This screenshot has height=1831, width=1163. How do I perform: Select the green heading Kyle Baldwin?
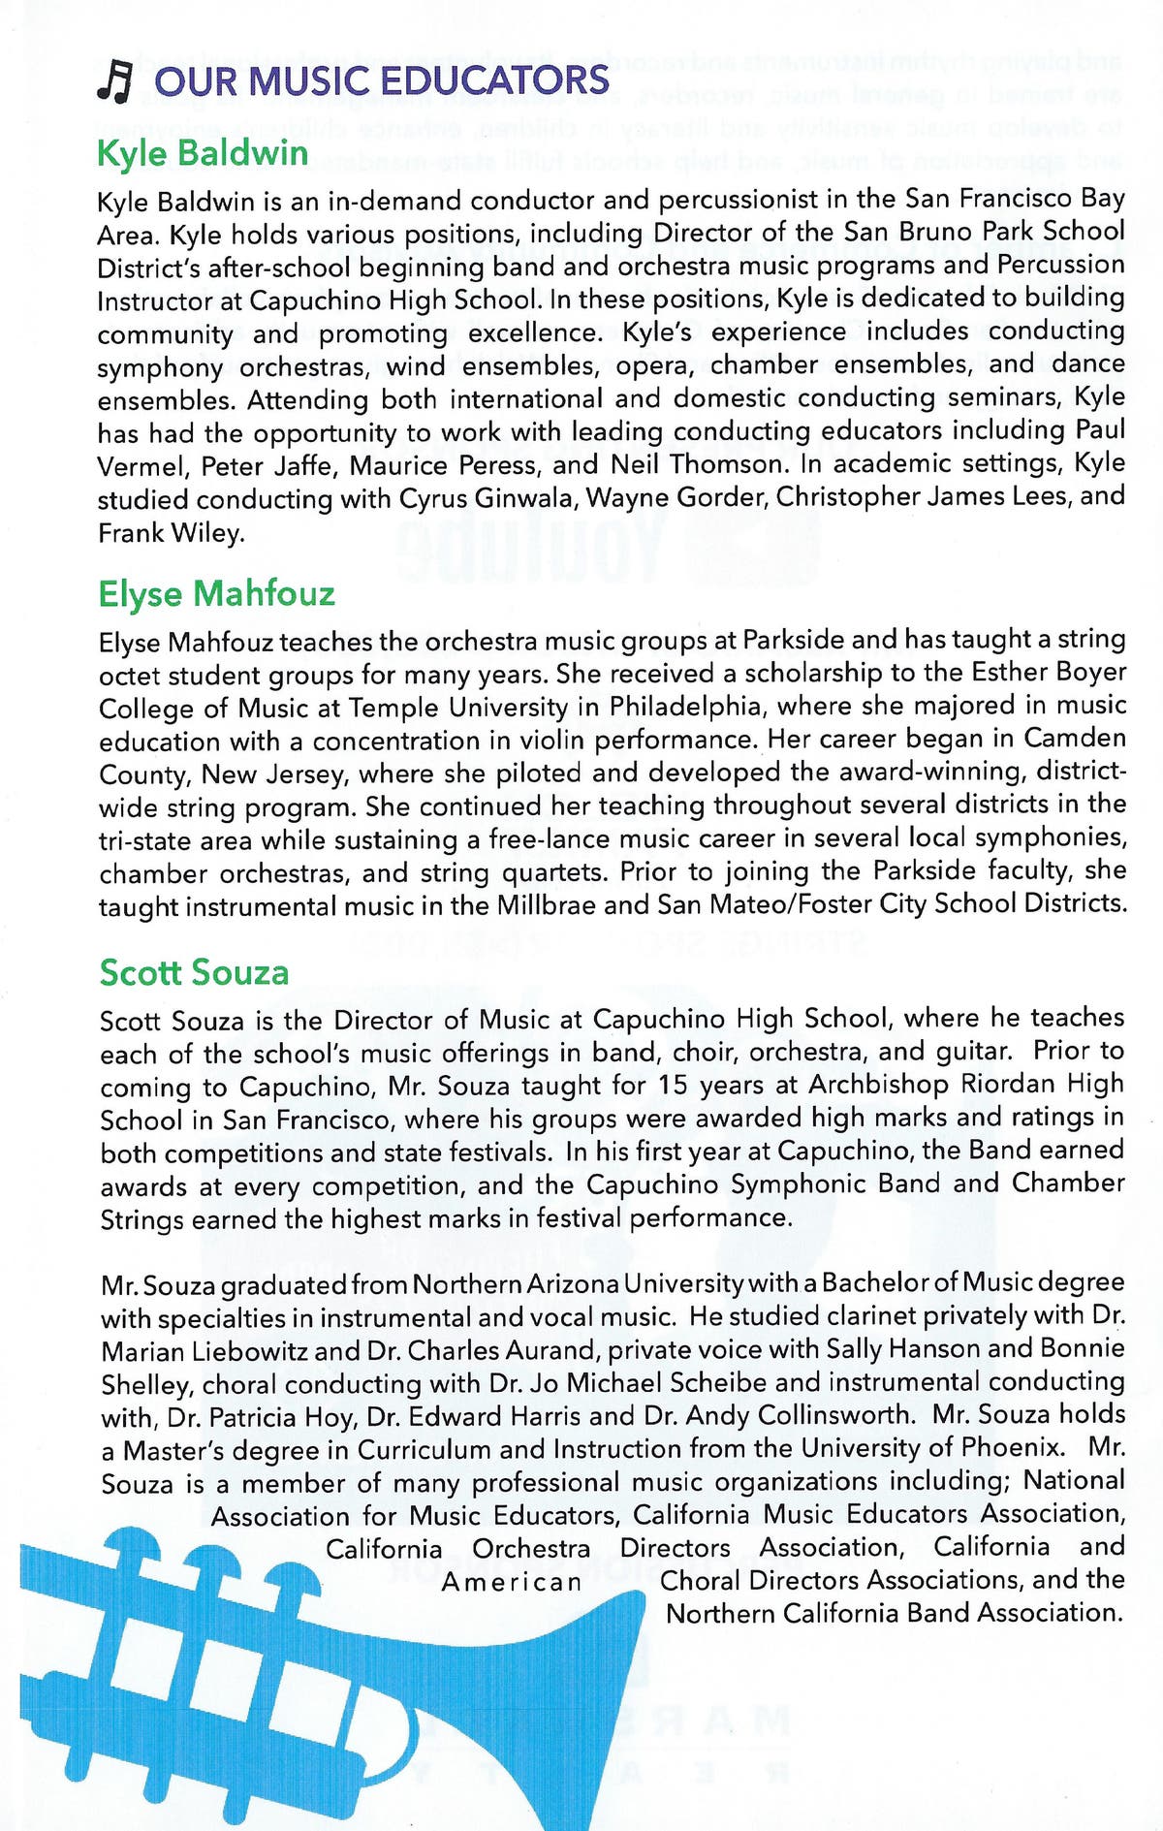pos(202,153)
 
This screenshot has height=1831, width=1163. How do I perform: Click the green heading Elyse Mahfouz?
pos(216,593)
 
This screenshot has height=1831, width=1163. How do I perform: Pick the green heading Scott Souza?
pos(194,972)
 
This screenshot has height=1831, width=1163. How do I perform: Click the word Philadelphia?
pos(688,707)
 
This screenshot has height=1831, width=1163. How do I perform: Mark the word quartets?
pos(553,872)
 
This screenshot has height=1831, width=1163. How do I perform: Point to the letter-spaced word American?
pos(512,1582)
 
